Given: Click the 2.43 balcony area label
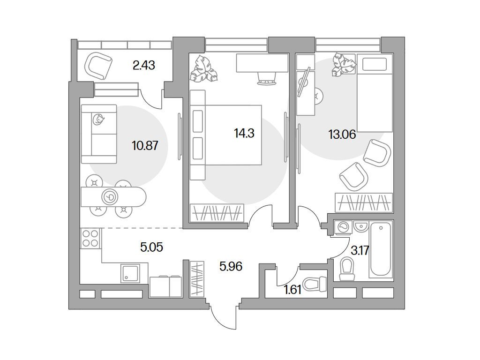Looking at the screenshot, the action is [143, 65].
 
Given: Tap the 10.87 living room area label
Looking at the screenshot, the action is [145, 145].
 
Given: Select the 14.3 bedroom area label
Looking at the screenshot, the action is [244, 133].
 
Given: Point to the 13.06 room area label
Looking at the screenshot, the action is [342, 134].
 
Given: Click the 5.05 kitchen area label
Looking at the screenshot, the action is [151, 247].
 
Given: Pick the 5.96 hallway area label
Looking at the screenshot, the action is [231, 266].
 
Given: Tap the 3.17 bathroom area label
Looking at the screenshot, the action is [360, 251].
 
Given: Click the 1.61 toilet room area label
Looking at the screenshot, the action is [293, 289].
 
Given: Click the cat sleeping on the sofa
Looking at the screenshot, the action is [98, 119].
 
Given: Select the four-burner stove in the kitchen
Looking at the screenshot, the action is [90, 239].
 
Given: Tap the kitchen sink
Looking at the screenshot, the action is [130, 273].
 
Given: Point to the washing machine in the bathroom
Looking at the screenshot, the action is [343, 228].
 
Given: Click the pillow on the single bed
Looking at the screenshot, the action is [374, 65].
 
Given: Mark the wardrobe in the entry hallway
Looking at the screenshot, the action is [197, 278].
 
